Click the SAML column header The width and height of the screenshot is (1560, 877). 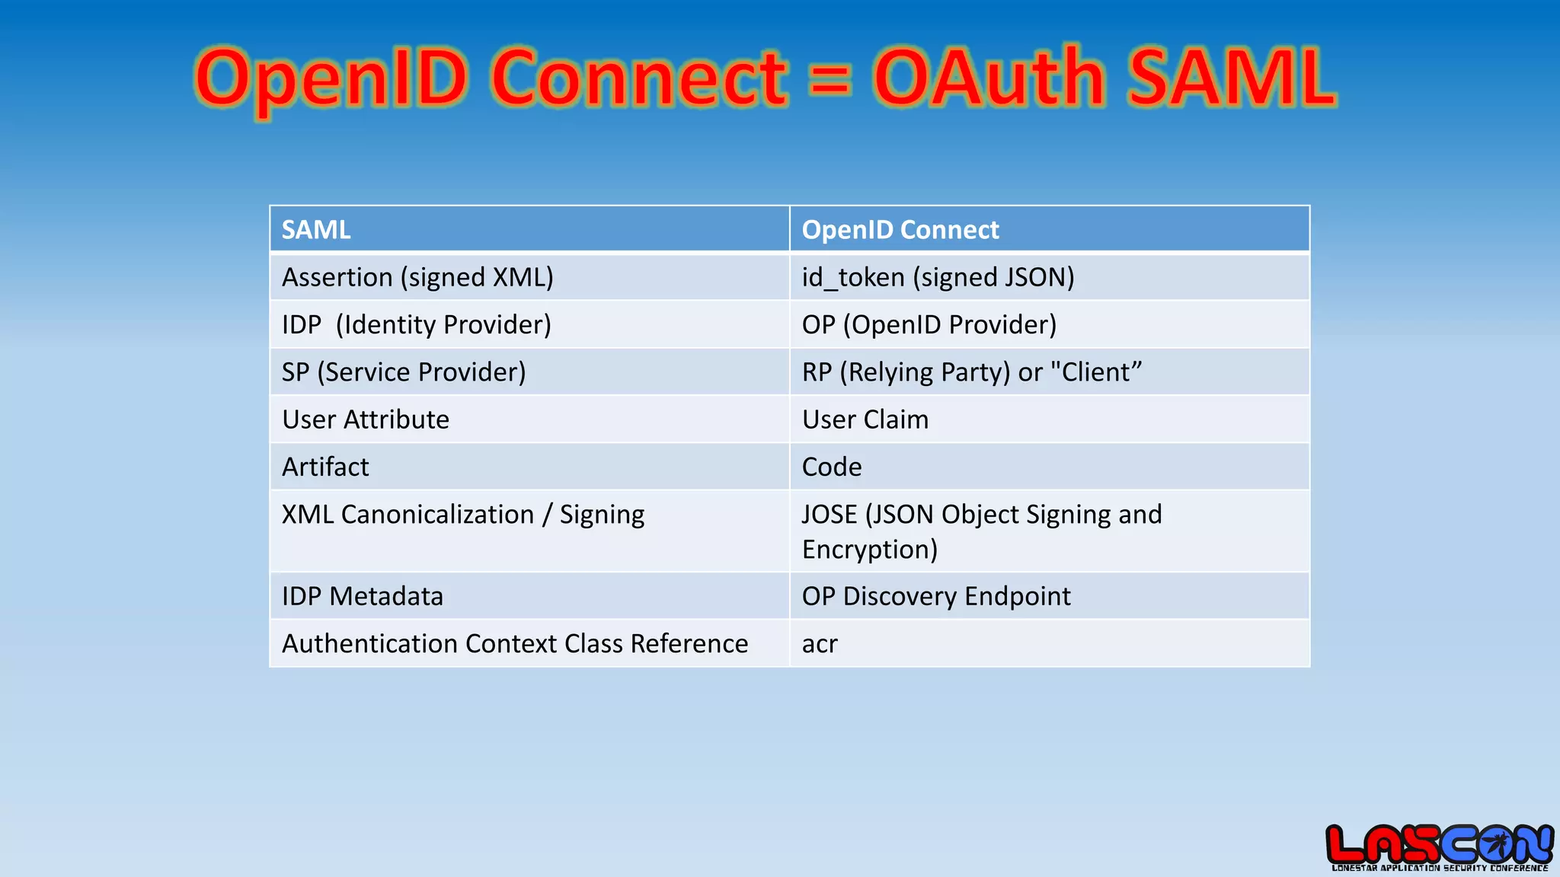click(316, 229)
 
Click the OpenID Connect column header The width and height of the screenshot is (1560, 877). click(900, 229)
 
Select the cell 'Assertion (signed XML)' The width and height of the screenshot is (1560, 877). click(417, 277)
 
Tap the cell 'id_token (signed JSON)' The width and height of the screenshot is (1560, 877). click(938, 277)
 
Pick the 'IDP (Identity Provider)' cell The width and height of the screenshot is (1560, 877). click(416, 324)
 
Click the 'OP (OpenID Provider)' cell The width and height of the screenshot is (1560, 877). click(929, 324)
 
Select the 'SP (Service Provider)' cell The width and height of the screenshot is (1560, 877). click(404, 372)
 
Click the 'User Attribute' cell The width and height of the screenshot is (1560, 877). click(366, 419)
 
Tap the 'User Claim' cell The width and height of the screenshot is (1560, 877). click(865, 419)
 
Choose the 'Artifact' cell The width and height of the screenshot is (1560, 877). click(325, 467)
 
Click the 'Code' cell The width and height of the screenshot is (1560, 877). click(832, 467)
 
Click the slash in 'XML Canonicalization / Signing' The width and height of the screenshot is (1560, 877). click(547, 515)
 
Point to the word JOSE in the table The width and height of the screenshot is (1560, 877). click(830, 515)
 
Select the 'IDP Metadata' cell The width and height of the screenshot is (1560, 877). click(363, 596)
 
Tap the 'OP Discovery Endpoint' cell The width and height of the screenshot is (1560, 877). click(936, 596)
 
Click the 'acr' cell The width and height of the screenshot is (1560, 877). click(820, 644)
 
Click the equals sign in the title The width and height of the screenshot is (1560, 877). click(830, 79)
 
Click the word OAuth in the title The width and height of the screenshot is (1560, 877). click(988, 78)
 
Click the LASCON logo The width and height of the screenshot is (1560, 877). click(1439, 847)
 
